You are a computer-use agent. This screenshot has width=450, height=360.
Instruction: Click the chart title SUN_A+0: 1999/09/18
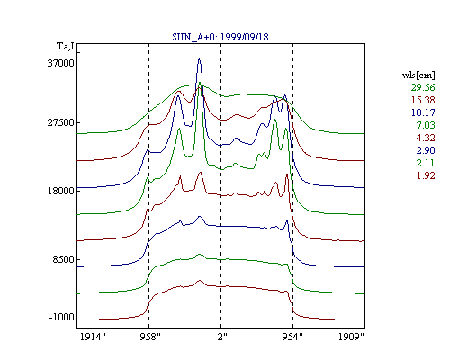pyautogui.click(x=220, y=37)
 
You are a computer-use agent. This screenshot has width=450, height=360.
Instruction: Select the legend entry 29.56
pyautogui.click(x=423, y=87)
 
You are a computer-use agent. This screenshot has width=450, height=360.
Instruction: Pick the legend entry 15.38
pyautogui.click(x=423, y=100)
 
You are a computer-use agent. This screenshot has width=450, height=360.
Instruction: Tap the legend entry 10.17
pyautogui.click(x=423, y=112)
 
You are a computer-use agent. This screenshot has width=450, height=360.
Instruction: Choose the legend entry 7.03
pyautogui.click(x=426, y=125)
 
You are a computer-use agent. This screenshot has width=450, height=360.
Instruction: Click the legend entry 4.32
pyautogui.click(x=426, y=138)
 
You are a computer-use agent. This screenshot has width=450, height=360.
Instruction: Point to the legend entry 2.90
pyautogui.click(x=426, y=150)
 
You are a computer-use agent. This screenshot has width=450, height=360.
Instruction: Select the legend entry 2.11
pyautogui.click(x=426, y=163)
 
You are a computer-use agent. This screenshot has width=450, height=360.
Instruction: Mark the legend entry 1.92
pyautogui.click(x=426, y=175)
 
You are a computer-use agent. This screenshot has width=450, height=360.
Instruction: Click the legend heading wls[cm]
pyautogui.click(x=418, y=75)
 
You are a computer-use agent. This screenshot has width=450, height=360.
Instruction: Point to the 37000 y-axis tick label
pyautogui.click(x=60, y=63)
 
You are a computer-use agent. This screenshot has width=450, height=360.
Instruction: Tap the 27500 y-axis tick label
pyautogui.click(x=60, y=122)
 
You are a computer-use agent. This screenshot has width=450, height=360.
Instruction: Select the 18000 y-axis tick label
pyautogui.click(x=60, y=191)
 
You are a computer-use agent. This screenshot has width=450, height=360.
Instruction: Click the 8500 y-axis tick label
pyautogui.click(x=63, y=259)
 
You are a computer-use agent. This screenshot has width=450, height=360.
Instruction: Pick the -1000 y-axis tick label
pyautogui.click(x=61, y=317)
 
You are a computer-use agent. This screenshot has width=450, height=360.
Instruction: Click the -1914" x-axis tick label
pyautogui.click(x=91, y=337)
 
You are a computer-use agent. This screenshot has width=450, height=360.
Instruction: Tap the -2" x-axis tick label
pyautogui.click(x=220, y=337)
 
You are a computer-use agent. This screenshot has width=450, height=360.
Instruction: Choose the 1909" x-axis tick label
pyautogui.click(x=351, y=337)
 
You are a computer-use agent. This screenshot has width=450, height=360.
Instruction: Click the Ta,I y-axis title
pyautogui.click(x=66, y=47)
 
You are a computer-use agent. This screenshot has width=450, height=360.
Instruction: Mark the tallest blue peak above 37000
pyautogui.click(x=199, y=59)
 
